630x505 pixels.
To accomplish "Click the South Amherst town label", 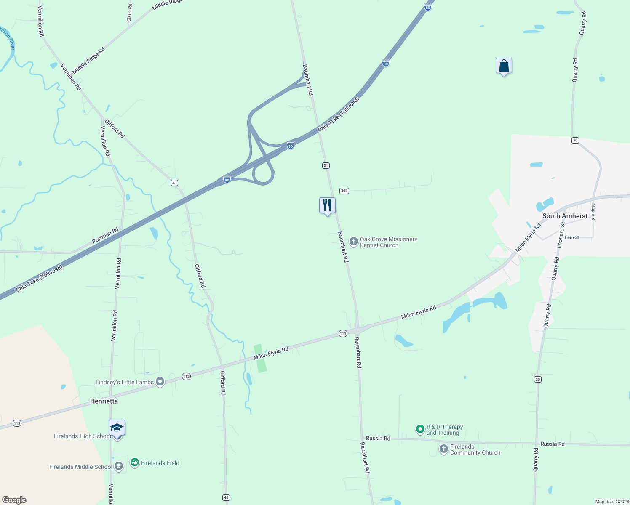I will (565, 216).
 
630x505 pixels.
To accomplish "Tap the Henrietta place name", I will (104, 401).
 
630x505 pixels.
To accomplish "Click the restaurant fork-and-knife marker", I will (327, 206).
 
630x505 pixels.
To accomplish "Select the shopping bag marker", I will (504, 66).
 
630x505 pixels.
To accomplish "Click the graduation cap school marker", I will (117, 428).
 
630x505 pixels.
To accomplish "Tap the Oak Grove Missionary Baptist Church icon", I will (354, 242).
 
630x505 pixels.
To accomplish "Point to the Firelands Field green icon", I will (135, 463).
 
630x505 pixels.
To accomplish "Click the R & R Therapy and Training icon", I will (420, 429).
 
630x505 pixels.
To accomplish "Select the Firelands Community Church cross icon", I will (443, 449).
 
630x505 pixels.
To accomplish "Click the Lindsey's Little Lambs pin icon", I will (160, 382).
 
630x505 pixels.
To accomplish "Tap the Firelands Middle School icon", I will (119, 466).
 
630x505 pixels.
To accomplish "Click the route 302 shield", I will (344, 191).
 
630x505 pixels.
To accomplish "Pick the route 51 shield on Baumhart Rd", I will (326, 165).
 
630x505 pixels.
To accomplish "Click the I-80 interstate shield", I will (428, 8).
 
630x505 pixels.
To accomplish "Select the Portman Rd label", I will (105, 236).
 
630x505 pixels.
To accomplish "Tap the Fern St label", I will (572, 237).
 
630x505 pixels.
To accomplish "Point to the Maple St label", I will (593, 212).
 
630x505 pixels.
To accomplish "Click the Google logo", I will (14, 500).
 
